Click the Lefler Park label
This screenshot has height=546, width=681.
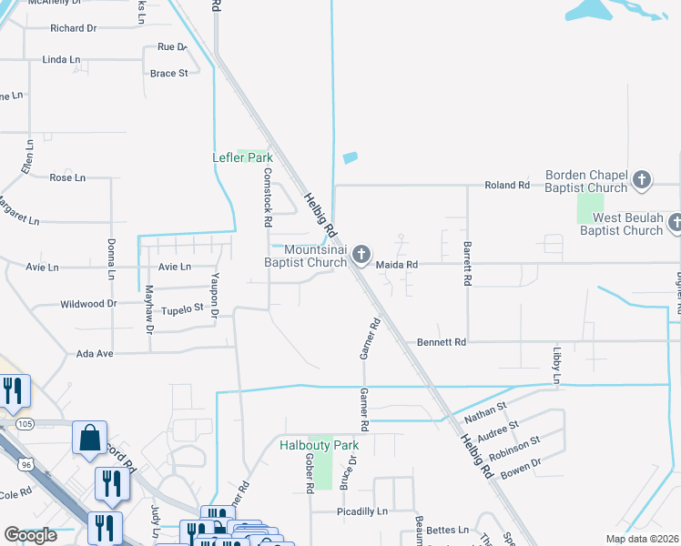[x=242, y=157]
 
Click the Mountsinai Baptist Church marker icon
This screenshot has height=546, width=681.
[x=361, y=256]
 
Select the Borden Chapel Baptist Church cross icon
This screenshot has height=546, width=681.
[x=642, y=179]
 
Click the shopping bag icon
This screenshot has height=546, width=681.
[x=91, y=438]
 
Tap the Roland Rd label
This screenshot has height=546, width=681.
[x=507, y=185]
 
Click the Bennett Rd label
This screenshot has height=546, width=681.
[x=442, y=342]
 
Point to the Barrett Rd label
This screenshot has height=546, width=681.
[x=467, y=265]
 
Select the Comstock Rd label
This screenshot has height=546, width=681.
[x=268, y=197]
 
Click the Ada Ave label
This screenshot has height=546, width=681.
[x=95, y=353]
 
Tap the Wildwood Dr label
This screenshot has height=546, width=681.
[x=88, y=304]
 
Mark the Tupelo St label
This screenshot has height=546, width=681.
[x=181, y=310]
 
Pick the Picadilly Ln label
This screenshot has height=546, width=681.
[x=362, y=511]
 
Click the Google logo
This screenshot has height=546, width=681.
[x=30, y=535]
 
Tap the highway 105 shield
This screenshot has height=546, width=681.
[x=25, y=424]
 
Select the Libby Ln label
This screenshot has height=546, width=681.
[x=556, y=363]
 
